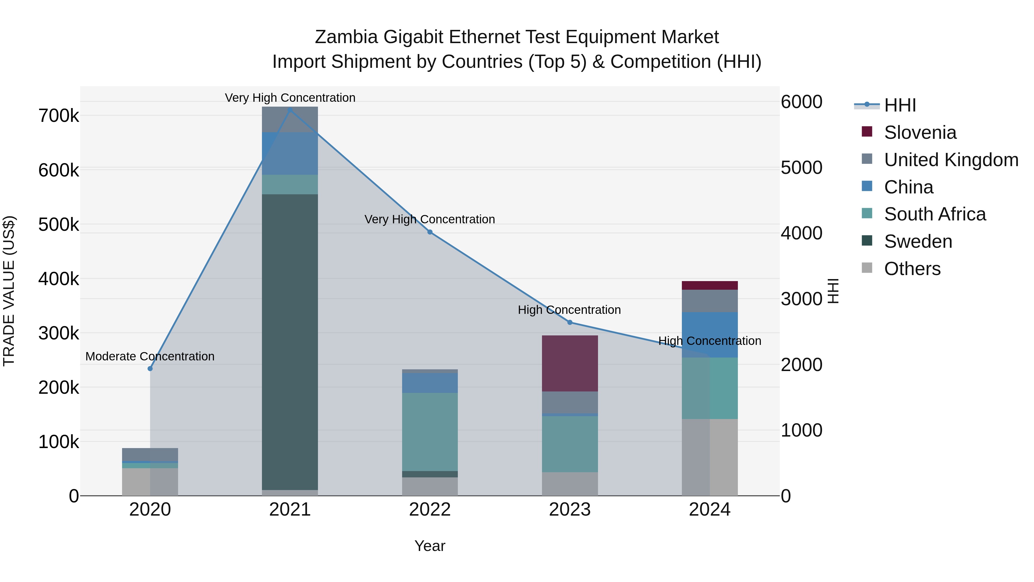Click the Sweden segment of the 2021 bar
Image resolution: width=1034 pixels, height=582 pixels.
[290, 341]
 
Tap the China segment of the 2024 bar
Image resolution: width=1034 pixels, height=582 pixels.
[710, 334]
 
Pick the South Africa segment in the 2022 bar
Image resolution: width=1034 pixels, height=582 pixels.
[430, 431]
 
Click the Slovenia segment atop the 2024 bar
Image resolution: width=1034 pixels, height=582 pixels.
[710, 285]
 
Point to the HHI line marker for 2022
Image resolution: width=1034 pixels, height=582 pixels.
[430, 232]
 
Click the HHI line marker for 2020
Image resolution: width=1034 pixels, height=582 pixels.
[150, 368]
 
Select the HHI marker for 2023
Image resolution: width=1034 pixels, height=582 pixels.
[570, 322]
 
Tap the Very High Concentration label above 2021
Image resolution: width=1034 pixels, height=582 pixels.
[290, 98]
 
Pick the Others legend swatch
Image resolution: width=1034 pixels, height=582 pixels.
[867, 268]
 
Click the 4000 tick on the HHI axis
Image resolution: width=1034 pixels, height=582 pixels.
[801, 233]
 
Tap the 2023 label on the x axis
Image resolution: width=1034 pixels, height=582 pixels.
[570, 510]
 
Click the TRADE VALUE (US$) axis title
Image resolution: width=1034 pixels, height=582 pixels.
[9, 291]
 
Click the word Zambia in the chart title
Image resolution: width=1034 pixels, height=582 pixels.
[346, 37]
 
